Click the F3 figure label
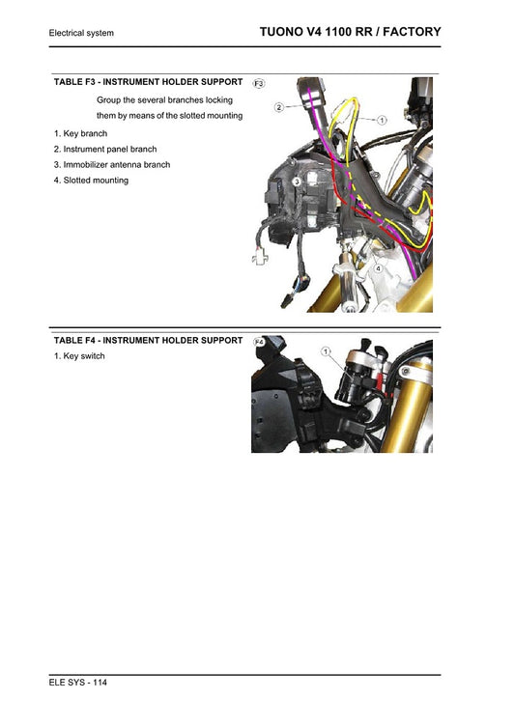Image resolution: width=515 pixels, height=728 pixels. [x=259, y=84]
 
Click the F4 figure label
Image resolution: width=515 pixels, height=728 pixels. [x=259, y=342]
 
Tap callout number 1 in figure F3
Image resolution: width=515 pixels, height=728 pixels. [x=381, y=121]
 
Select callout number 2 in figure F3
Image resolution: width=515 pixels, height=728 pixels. [x=278, y=107]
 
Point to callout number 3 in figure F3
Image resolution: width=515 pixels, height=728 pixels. [x=297, y=181]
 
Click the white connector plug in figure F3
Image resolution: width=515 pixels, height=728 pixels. [x=259, y=258]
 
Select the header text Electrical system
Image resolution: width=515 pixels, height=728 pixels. [x=81, y=34]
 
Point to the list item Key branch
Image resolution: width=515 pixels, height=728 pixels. [x=81, y=133]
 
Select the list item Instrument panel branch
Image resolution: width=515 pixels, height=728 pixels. [x=105, y=150]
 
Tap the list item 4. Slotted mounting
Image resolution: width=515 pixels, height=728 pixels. [x=91, y=181]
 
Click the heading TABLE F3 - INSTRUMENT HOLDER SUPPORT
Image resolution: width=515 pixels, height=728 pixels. [x=148, y=82]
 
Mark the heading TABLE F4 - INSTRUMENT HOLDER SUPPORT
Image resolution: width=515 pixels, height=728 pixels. [x=148, y=340]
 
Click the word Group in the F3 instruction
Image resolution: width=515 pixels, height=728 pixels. [x=109, y=100]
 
